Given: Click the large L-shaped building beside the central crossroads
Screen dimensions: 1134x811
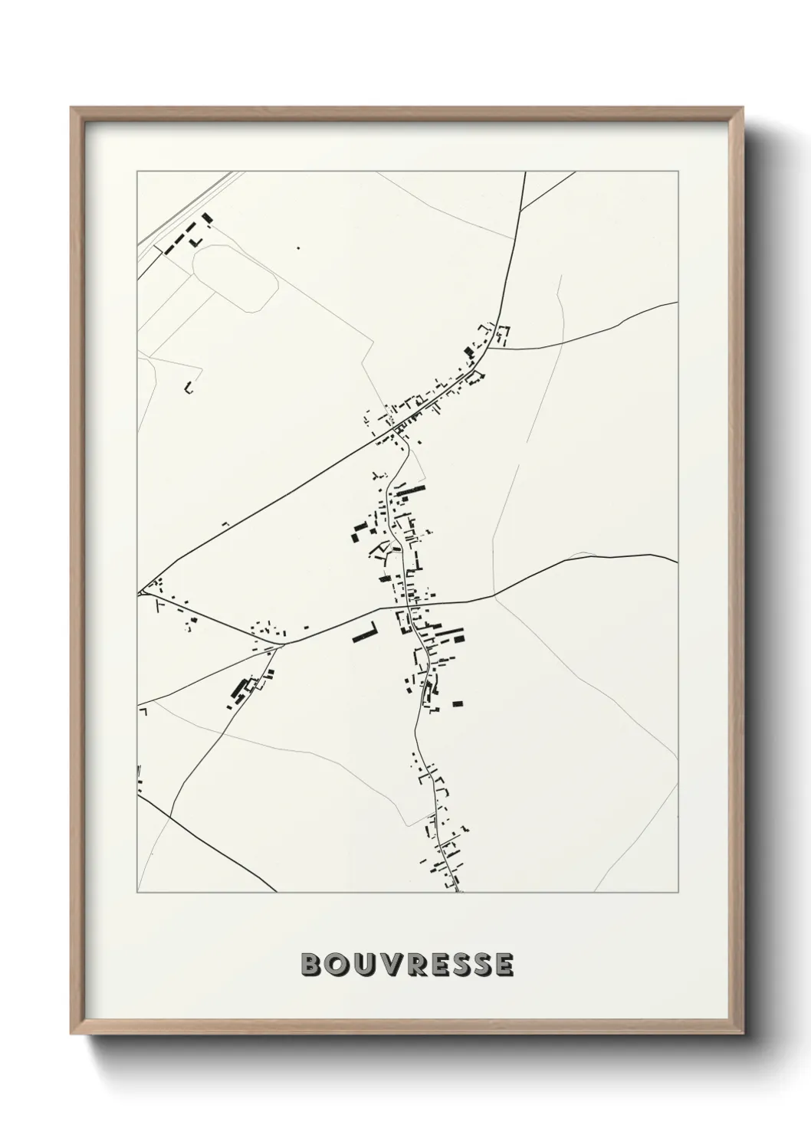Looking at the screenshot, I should coord(366,634).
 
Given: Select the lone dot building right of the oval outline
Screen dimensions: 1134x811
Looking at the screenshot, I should coord(298,247).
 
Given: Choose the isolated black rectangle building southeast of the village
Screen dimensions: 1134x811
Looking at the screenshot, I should coord(458,703).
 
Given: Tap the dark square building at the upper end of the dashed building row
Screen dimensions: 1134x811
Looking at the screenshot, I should coord(205,218).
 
